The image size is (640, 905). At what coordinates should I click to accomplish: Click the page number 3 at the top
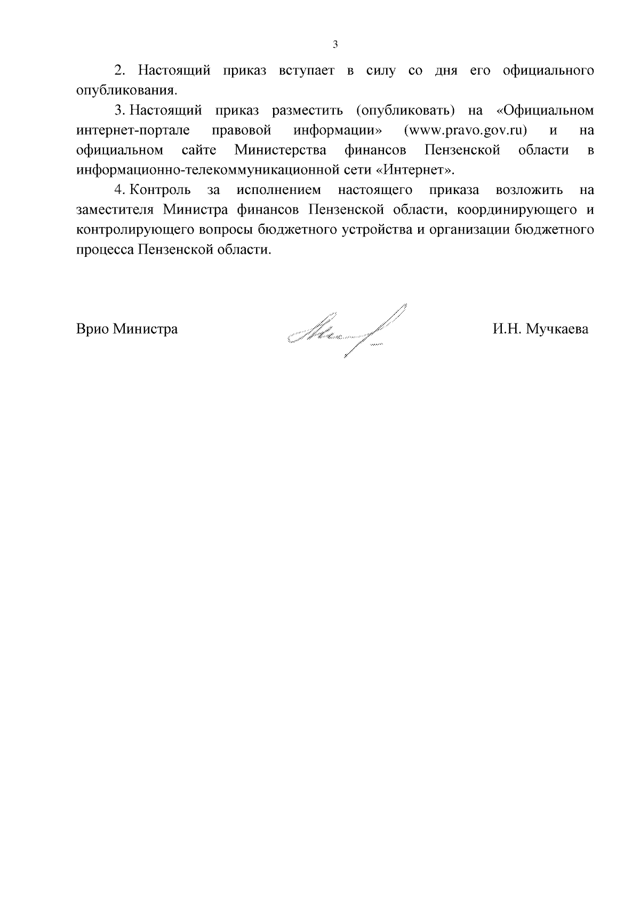tap(335, 45)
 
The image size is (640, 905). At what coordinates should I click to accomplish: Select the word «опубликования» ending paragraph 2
tap(126, 91)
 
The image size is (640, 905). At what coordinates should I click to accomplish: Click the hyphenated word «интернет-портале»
tap(125, 130)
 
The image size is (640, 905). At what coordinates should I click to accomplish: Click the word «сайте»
tap(199, 150)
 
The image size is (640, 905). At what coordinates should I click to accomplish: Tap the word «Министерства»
tap(281, 150)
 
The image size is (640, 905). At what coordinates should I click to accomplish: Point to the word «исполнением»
tap(279, 190)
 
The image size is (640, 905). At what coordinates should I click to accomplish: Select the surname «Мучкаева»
tap(557, 329)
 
